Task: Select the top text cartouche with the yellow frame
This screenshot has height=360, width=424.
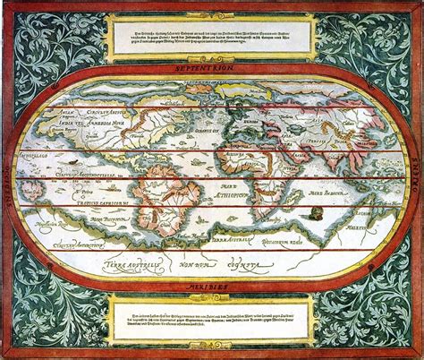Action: [x=211, y=36]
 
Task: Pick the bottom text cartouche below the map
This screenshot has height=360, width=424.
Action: [x=211, y=321]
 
